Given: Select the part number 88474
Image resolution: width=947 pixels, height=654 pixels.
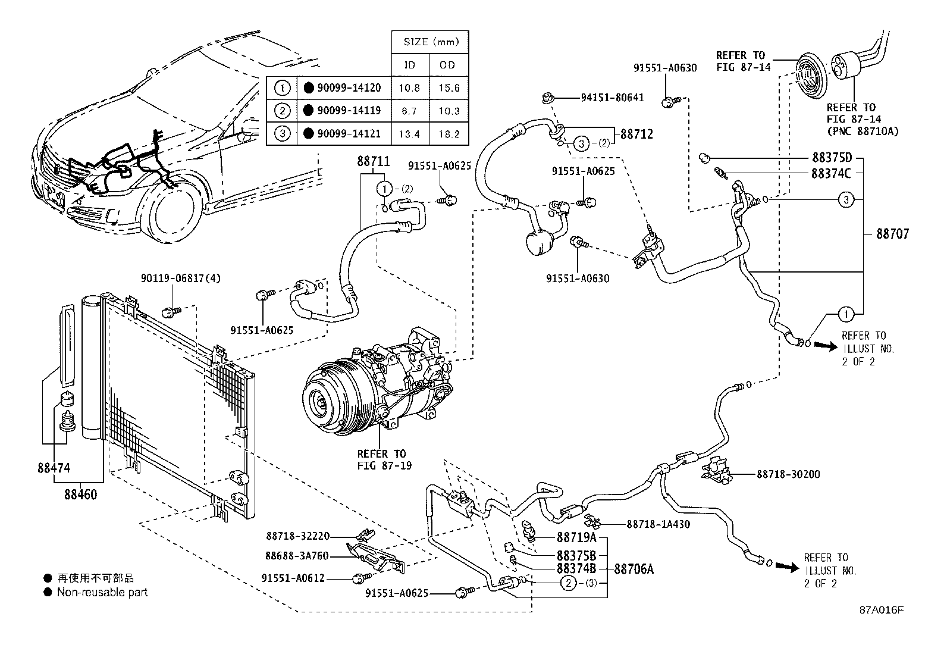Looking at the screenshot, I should coord(54,468).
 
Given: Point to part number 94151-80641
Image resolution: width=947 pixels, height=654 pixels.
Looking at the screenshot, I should coord(612,98).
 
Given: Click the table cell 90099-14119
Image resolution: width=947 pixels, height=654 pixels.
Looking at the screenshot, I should coord(349,111).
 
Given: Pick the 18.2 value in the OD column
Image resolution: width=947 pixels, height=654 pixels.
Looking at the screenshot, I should coord(448,134).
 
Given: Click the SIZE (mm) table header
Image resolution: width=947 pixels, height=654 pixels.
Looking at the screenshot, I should coord(429,42).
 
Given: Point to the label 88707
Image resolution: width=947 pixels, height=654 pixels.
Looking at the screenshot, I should coord(892,234).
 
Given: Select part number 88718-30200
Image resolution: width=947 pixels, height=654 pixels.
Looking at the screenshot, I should coord(788,474).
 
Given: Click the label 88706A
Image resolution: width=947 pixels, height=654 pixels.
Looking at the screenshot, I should coord(634,569).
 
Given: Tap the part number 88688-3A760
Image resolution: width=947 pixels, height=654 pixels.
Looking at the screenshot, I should coord(297,556).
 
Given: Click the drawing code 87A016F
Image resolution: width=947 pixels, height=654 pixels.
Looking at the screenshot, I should coord(881,611).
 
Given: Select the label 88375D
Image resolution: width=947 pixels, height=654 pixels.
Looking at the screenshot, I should coord(832,158).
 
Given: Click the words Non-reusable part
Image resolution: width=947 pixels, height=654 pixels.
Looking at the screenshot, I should coord(102,592).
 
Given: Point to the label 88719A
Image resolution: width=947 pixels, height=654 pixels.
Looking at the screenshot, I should coord(576,538).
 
